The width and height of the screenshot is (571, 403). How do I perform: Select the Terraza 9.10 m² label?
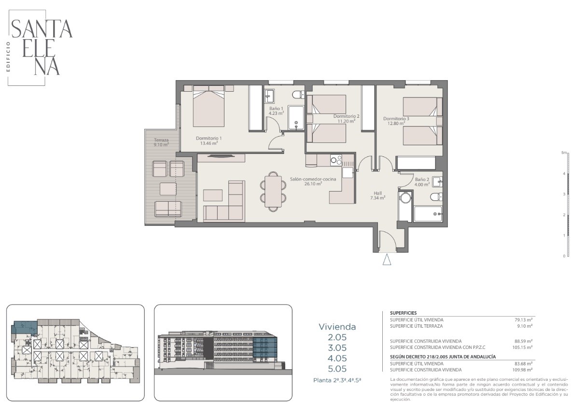coord(161,142)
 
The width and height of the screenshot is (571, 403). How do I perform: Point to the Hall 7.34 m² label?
coord(377,195)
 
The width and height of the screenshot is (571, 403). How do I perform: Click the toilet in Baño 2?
coord(436,197)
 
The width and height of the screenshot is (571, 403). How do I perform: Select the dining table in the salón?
coord(273,191)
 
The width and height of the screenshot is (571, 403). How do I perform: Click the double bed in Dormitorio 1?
coord(209,106)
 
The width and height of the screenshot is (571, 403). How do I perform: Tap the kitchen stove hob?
coord(336,160)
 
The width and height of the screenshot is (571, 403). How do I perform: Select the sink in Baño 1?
coord(270,96)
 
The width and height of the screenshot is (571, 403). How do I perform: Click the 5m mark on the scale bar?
coord(564,153)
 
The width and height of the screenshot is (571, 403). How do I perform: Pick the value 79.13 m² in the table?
coord(524,320)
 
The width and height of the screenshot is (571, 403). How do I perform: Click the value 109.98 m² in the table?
coord(523,370)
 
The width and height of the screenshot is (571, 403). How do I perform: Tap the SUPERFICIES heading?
coord(403,313)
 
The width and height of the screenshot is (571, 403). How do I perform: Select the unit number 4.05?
coord(337,358)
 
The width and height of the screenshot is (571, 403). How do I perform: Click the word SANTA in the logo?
coord(42,29)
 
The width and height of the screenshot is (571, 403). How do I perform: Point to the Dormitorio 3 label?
coord(396,119)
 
